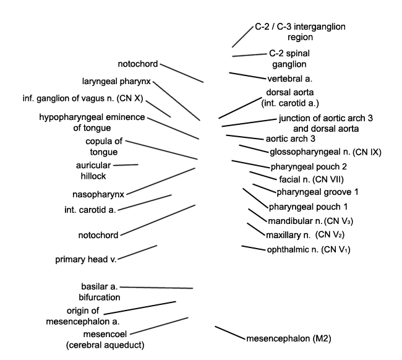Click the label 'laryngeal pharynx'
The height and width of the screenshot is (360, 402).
116,82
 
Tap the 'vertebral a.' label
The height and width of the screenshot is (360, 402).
289,79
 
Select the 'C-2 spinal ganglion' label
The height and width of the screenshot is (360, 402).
289,59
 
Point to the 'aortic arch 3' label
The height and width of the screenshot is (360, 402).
291,139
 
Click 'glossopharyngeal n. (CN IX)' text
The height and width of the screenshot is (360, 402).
325,152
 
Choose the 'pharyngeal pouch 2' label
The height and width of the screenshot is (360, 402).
309,167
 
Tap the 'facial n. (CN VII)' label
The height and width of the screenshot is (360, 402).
311,179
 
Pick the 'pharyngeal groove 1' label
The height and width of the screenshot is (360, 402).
317,192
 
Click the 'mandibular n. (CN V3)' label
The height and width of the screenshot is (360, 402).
310,221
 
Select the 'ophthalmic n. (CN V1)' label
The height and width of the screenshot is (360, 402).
309,249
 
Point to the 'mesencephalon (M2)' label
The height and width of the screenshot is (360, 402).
289,339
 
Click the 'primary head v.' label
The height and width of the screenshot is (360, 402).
86,260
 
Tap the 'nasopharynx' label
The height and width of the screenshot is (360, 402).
98,195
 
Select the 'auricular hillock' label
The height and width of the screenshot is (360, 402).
93,171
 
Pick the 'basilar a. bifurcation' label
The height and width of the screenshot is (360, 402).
100,292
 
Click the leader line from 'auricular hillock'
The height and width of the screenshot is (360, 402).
126,165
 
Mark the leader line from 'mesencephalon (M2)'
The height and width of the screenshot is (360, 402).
230,333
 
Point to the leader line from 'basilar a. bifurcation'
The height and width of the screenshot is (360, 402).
156,288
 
